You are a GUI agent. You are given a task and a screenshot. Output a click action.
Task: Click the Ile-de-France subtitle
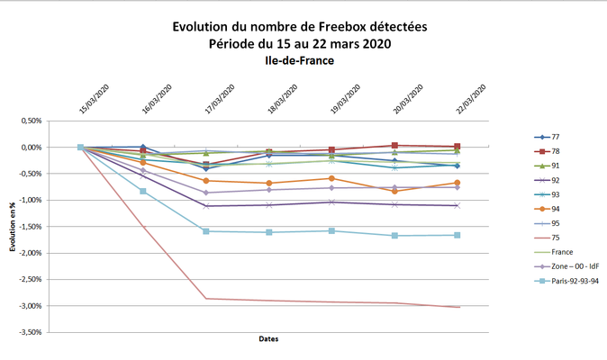(299, 61)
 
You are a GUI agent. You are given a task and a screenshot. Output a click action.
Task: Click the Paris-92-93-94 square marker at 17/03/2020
(206, 231)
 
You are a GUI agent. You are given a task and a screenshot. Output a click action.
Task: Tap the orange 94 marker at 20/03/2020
(394, 191)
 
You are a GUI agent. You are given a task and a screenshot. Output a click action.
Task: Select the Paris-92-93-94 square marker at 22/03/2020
(458, 236)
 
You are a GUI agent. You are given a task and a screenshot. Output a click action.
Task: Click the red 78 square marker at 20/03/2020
(394, 145)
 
